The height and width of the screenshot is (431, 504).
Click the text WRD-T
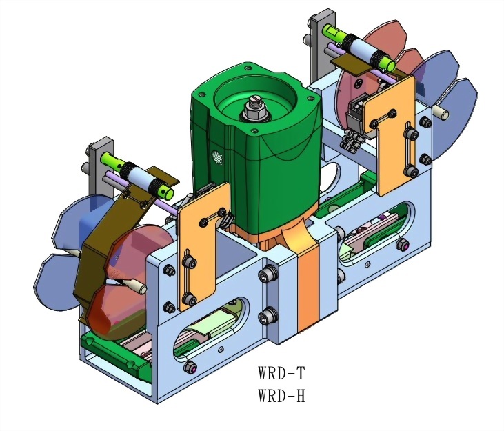pos(281,374)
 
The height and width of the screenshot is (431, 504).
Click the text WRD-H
pos(281,397)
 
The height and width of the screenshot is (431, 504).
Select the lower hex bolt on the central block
pos(265,319)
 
